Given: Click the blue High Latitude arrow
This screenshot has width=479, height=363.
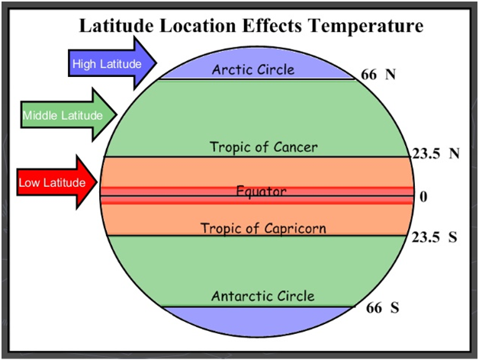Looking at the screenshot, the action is (x=111, y=62).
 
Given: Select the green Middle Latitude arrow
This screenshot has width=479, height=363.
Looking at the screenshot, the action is (x=67, y=115).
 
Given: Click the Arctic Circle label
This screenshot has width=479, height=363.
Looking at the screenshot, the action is (x=252, y=69).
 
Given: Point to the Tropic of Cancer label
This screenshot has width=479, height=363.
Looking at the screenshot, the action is (x=264, y=146).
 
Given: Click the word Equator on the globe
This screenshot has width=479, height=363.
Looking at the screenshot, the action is (x=261, y=191).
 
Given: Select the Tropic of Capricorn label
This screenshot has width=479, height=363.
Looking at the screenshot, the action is (x=262, y=228).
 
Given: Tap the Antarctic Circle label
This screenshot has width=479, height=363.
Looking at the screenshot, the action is (x=262, y=296).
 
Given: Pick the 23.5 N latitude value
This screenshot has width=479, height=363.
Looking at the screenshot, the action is (x=436, y=153).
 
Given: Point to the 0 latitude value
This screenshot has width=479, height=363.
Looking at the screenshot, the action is (x=423, y=196).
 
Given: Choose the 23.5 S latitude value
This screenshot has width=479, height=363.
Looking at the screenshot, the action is (x=434, y=236).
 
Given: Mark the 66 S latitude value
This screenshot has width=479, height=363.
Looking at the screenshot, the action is (x=382, y=308).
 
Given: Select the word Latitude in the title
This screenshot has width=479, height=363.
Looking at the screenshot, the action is (x=119, y=27).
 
